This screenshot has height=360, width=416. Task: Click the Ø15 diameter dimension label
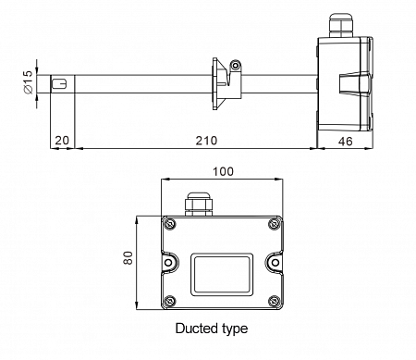(x=28, y=82)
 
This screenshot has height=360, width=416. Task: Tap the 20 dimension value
(x=62, y=141)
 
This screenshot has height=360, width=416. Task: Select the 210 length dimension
(x=206, y=141)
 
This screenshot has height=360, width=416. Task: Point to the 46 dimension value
(x=345, y=142)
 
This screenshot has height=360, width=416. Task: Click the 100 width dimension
(x=224, y=171)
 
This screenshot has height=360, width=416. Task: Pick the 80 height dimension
(x=128, y=258)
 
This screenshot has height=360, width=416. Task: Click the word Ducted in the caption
(x=197, y=328)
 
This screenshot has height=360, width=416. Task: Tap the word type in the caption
(x=235, y=329)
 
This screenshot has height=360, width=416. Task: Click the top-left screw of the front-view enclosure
(x=169, y=224)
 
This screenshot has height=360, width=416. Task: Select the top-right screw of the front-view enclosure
(x=274, y=224)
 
